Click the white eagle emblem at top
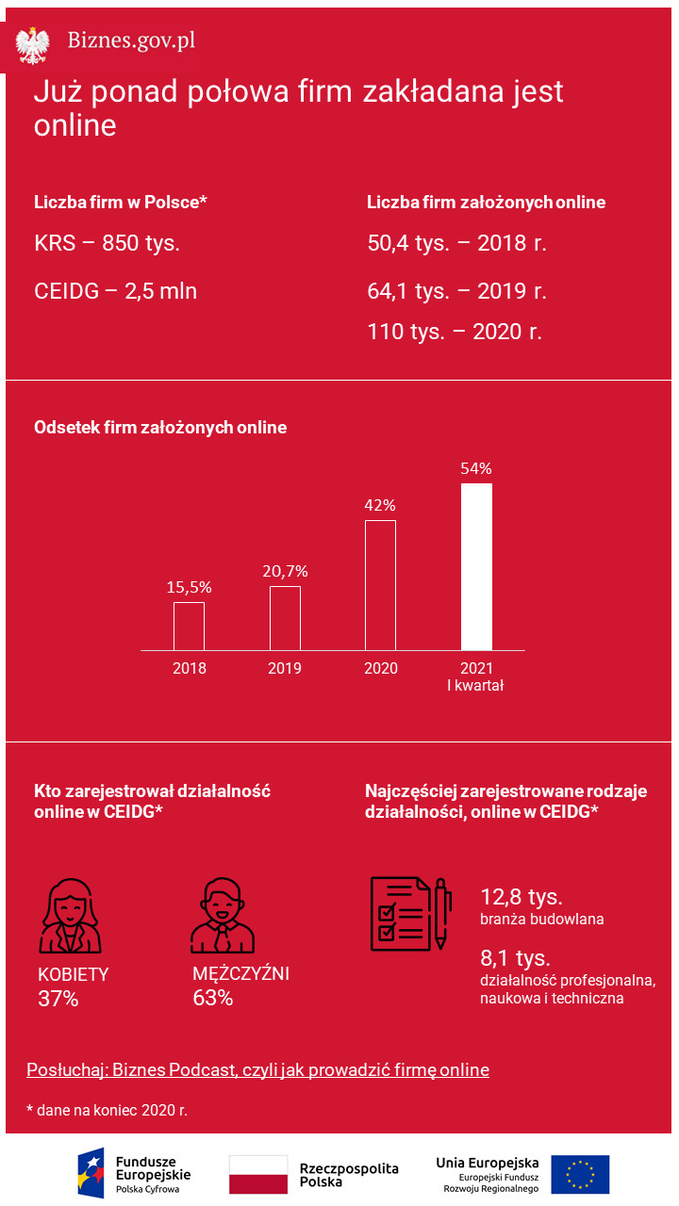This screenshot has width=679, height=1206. [x=33, y=44]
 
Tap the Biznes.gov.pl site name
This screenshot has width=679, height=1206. [x=131, y=41]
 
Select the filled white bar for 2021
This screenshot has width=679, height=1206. [x=476, y=566]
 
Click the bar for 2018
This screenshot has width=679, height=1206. [x=189, y=626]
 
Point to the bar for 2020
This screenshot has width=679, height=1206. [x=380, y=584]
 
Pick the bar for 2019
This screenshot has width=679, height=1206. [x=285, y=618]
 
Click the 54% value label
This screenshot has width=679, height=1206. [x=476, y=468]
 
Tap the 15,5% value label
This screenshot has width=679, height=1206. [x=189, y=587]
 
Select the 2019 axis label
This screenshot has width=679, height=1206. [x=285, y=668]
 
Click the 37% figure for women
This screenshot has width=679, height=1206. [x=58, y=999]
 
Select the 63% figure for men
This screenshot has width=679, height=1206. [x=212, y=998]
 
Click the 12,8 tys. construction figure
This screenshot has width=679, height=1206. [x=522, y=896]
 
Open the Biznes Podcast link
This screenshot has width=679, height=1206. [x=257, y=1070]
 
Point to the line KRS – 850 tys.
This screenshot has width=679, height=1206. [x=107, y=243]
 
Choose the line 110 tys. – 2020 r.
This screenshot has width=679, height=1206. [x=455, y=332]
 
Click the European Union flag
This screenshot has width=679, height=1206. [x=580, y=1174]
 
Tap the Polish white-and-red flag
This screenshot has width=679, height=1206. [x=258, y=1174]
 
